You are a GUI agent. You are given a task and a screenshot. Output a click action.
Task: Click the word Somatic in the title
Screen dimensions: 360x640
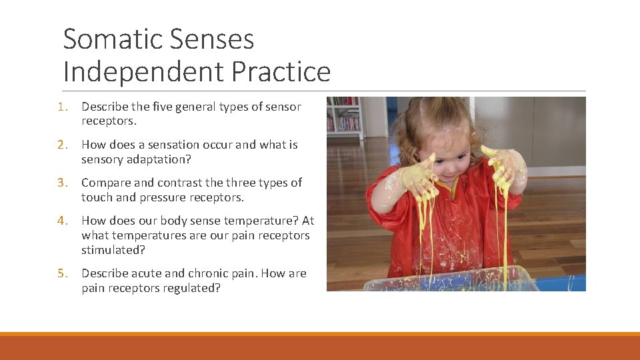[109, 39]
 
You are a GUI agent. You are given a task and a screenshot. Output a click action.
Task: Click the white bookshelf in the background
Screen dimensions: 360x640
[344, 117]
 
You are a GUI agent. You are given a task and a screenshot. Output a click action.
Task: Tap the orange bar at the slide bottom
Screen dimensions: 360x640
[320, 347]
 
